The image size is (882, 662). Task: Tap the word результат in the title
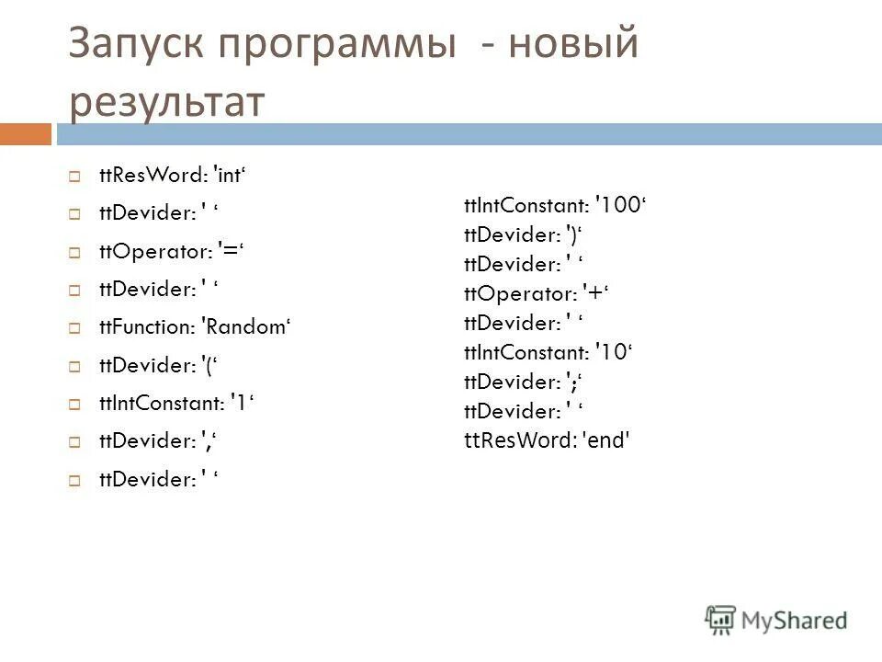pyautogui.click(x=166, y=101)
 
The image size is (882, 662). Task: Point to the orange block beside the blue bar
pyautogui.click(x=25, y=134)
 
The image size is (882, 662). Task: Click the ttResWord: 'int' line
pyautogui.click(x=175, y=175)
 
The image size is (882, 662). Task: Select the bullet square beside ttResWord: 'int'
pyautogui.click(x=75, y=175)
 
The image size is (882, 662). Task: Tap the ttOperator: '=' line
pyautogui.click(x=175, y=251)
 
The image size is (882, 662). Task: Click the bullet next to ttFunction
pyautogui.click(x=75, y=327)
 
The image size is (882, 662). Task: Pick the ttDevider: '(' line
pyautogui.click(x=156, y=365)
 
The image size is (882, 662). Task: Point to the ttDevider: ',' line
pyautogui.click(x=158, y=441)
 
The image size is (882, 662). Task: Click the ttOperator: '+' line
pyautogui.click(x=537, y=294)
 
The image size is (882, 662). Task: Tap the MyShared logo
pyautogui.click(x=776, y=620)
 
